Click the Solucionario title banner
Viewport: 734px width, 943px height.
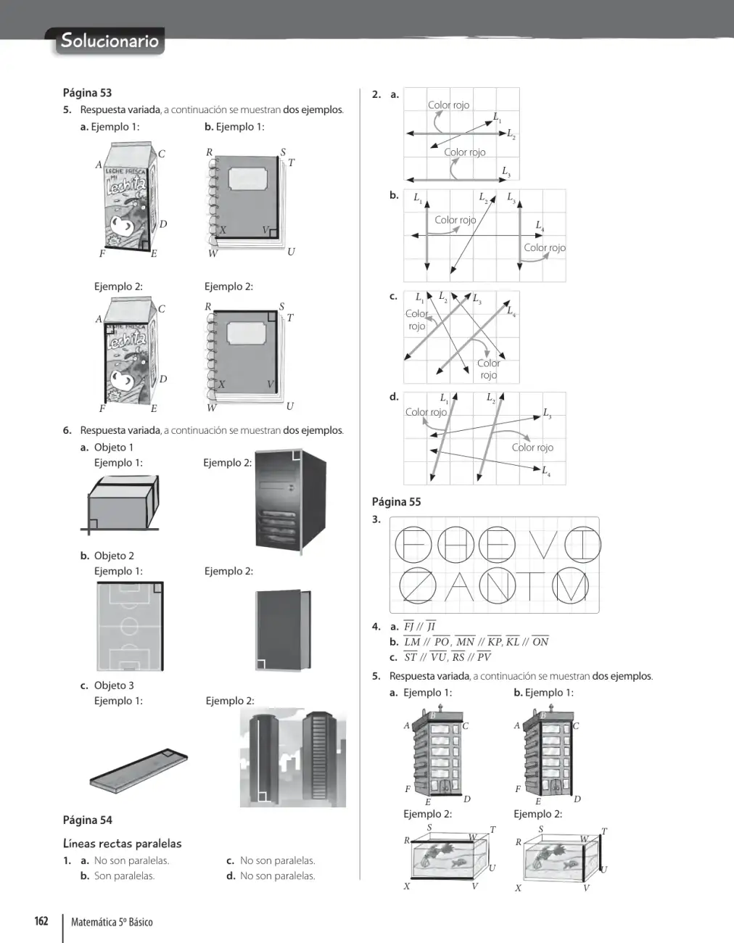110,41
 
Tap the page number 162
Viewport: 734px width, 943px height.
41,921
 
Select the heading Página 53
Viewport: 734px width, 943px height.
87,93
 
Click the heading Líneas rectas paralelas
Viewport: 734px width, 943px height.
122,843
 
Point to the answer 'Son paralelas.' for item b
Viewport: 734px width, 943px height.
125,876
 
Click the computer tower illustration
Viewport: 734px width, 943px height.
291,503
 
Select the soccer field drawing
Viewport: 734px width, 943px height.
130,626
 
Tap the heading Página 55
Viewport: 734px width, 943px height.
397,502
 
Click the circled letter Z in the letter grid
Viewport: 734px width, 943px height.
417,585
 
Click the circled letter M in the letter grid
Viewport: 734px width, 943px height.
571,586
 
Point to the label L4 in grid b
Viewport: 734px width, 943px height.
540,225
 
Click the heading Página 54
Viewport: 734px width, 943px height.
87,820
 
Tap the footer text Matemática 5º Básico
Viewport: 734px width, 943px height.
112,922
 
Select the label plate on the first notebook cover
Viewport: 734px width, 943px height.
247,178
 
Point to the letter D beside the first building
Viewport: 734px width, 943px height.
467,799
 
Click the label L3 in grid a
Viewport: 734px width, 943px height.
506,171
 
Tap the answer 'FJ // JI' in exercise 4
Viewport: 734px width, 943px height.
419,626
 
